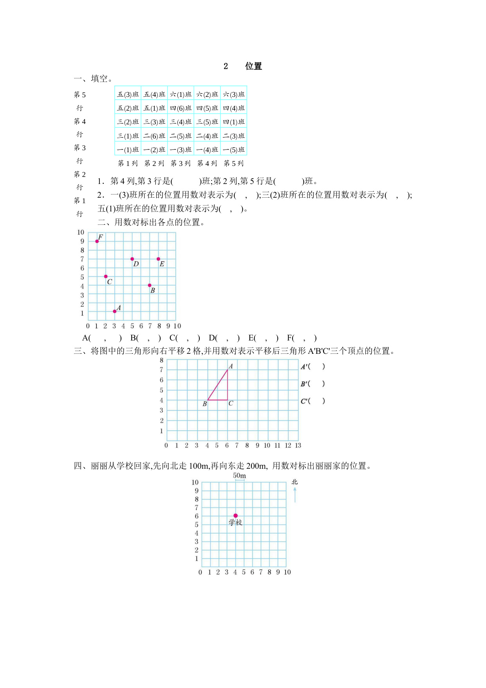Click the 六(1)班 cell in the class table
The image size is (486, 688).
pyautogui.click(x=181, y=95)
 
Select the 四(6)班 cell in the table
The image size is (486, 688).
pyautogui.click(x=181, y=108)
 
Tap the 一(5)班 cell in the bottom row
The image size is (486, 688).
pyautogui.click(x=234, y=150)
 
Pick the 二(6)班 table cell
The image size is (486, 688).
pyautogui.click(x=154, y=136)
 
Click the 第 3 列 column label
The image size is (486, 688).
pyautogui.click(x=181, y=163)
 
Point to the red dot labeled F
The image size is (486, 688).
pyautogui.click(x=97, y=241)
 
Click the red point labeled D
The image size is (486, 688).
pyautogui.click(x=132, y=259)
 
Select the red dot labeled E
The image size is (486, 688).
pyautogui.click(x=158, y=259)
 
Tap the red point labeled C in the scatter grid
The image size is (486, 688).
pyautogui.click(x=106, y=277)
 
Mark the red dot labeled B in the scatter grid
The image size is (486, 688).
pyautogui.click(x=150, y=286)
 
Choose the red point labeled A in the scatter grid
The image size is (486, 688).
pyautogui.click(x=115, y=311)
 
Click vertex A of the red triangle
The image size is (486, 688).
pyautogui.click(x=228, y=369)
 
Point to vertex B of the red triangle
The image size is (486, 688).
pyautogui.click(x=208, y=400)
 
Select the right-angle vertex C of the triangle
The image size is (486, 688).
pyautogui.click(x=228, y=400)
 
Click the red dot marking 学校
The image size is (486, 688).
pyautogui.click(x=235, y=516)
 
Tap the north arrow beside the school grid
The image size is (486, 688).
pyautogui.click(x=295, y=495)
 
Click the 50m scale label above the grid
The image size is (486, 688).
pyautogui.click(x=240, y=476)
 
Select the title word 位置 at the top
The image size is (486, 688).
pyautogui.click(x=253, y=66)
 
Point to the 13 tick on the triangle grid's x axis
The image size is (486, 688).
pyautogui.click(x=298, y=446)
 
